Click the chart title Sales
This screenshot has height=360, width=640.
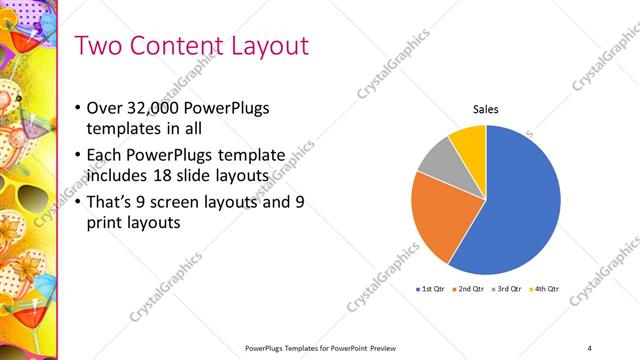coord(486,110)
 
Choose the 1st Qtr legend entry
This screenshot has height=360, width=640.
coord(432,289)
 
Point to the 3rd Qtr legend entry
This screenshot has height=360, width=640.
coord(508,289)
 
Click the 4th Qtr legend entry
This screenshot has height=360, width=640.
coord(545,289)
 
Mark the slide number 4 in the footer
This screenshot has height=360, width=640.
coord(590,347)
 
